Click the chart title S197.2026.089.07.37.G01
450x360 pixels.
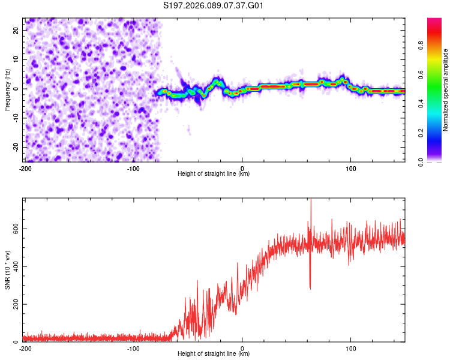(214, 6)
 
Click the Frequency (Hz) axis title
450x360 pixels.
(8, 89)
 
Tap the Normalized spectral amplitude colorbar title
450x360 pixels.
(446, 91)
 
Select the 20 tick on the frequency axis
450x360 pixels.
(16, 30)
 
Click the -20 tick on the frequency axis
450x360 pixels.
(15, 148)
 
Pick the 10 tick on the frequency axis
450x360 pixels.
(16, 59)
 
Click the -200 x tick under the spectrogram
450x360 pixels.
(25, 169)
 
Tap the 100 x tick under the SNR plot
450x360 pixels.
(351, 349)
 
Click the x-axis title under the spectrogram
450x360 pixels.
(214, 174)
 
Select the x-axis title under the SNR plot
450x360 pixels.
(214, 354)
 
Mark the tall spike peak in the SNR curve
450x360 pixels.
(310, 200)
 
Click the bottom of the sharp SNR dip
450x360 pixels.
(310, 289)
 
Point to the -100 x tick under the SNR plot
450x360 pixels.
(133, 349)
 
